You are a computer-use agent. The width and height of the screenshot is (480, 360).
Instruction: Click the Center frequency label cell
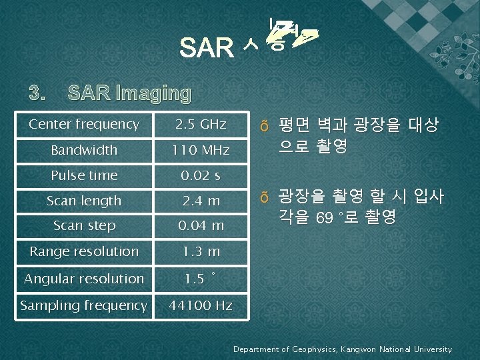click(x=84, y=125)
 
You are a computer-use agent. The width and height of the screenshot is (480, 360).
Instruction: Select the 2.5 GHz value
click(x=201, y=125)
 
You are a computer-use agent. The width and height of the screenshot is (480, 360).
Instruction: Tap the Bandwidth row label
click(x=84, y=150)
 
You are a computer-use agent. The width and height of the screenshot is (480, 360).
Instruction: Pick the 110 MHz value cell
click(x=201, y=150)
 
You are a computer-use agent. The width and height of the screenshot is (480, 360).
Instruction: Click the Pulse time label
click(x=84, y=175)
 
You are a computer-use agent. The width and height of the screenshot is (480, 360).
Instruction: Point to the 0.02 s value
click(x=201, y=175)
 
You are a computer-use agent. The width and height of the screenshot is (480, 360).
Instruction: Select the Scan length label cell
click(x=84, y=201)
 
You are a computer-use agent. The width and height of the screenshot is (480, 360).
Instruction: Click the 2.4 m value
click(x=201, y=201)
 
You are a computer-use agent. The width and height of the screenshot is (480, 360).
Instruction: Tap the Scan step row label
click(x=84, y=225)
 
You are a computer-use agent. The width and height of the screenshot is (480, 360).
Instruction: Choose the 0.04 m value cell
click(x=201, y=225)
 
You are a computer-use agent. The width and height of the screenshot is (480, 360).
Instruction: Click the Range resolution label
click(x=84, y=251)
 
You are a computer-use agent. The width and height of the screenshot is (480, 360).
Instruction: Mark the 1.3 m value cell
click(x=201, y=251)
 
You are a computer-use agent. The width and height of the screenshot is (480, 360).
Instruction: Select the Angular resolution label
click(x=84, y=279)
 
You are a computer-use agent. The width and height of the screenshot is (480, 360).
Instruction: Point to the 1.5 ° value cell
click(x=201, y=279)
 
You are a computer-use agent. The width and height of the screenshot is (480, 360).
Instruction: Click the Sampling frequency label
click(x=84, y=305)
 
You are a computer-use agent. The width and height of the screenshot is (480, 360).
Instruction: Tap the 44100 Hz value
click(x=201, y=305)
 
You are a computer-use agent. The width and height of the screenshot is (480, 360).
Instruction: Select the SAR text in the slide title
click(x=207, y=48)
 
